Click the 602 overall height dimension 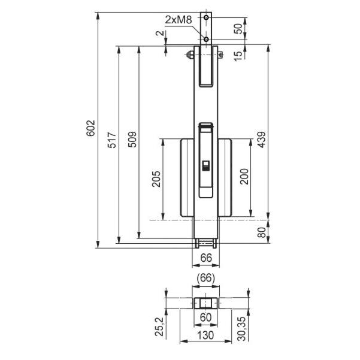[90, 128]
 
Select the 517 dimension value [112, 140]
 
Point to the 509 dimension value [132, 140]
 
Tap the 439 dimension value [261, 140]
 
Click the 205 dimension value [156, 179]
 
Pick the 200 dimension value [244, 176]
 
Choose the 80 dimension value [262, 232]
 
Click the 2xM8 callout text [179, 20]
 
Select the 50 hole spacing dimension [238, 29]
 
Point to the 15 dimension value [238, 56]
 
